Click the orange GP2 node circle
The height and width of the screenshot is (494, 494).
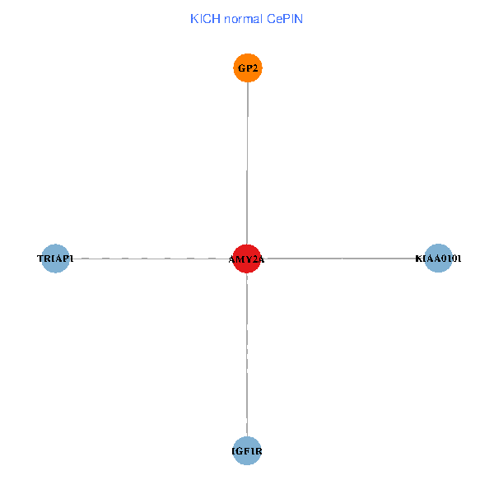click(x=247, y=68)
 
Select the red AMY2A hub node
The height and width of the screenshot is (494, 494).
click(x=247, y=259)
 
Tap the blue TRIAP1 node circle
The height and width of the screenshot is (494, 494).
click(x=55, y=259)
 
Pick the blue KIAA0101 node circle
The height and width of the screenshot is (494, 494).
click(x=438, y=259)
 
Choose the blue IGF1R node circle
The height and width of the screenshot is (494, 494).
click(x=247, y=450)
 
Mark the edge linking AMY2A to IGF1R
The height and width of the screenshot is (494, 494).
click(x=247, y=354)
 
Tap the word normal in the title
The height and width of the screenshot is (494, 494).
click(x=243, y=18)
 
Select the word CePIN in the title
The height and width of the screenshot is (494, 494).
click(x=285, y=18)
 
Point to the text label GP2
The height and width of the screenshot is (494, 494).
click(x=248, y=68)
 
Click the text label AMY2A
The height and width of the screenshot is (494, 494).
click(x=247, y=259)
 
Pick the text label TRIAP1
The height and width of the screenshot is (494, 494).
click(x=55, y=259)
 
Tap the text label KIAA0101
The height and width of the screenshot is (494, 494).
click(x=438, y=259)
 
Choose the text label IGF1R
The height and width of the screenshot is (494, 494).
click(x=247, y=451)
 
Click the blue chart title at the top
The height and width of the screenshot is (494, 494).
click(x=246, y=18)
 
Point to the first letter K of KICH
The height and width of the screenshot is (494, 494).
click(x=193, y=18)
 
